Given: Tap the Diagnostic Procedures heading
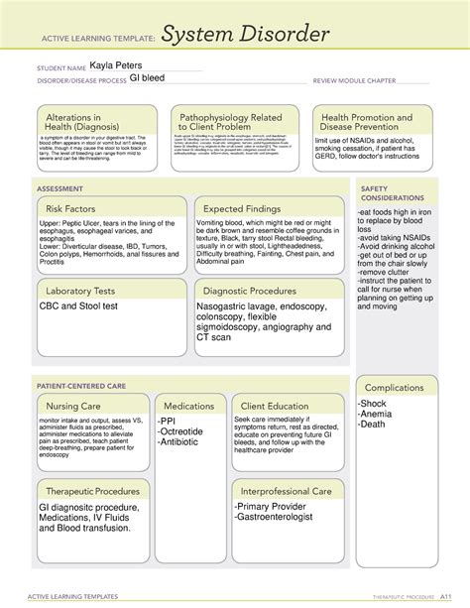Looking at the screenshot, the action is tap(249, 291).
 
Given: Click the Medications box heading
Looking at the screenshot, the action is tap(189, 406).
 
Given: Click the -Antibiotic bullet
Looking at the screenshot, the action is tap(184, 442).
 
